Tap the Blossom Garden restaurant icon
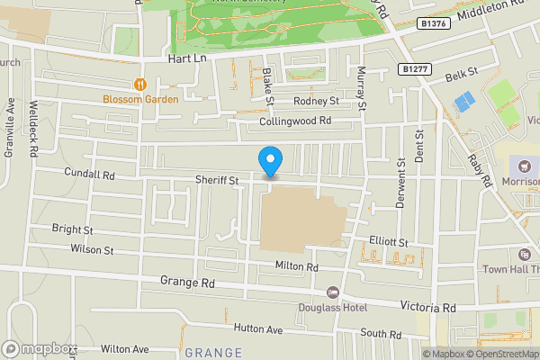coord(139,85)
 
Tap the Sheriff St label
coord(217,181)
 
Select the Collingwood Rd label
coord(295,120)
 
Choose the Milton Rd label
coord(297,267)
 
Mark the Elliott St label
coord(389,242)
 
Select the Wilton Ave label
coord(124,347)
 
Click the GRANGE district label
coord(213,353)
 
